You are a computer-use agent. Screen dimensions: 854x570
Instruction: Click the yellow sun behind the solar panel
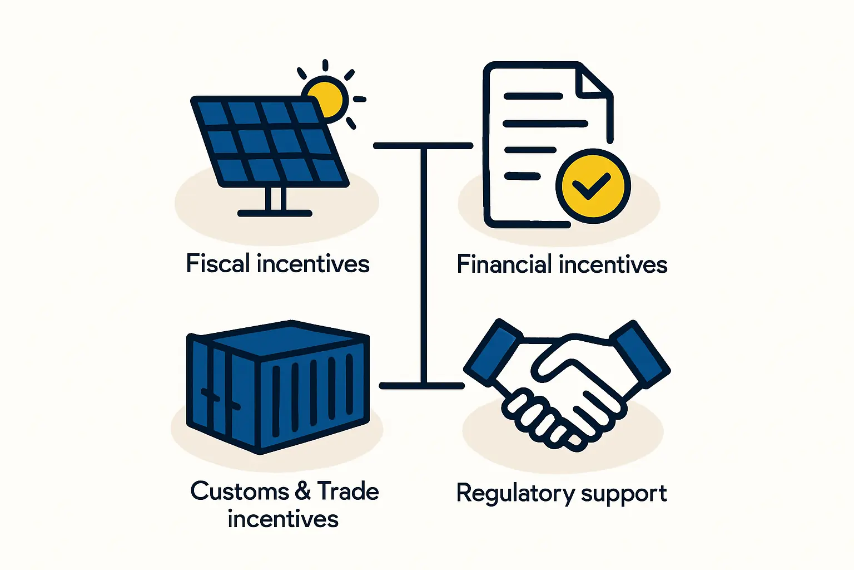(326, 98)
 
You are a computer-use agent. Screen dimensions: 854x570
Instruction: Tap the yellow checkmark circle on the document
(593, 186)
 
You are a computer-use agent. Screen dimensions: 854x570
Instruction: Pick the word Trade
(347, 491)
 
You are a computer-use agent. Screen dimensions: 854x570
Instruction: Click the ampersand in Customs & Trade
(303, 492)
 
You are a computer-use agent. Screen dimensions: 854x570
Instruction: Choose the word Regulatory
(516, 494)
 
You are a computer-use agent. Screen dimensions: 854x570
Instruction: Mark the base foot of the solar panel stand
(275, 213)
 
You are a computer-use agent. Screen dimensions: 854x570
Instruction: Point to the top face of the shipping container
(285, 339)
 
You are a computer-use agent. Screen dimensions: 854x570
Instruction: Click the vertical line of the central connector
(424, 266)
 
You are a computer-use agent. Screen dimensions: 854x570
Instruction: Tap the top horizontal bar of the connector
(423, 145)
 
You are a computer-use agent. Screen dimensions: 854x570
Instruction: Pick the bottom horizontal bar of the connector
(421, 386)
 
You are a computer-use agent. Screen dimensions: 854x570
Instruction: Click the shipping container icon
(278, 387)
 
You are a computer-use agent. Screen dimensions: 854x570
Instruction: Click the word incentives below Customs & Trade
(283, 519)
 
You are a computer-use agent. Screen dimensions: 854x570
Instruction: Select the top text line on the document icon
(533, 96)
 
